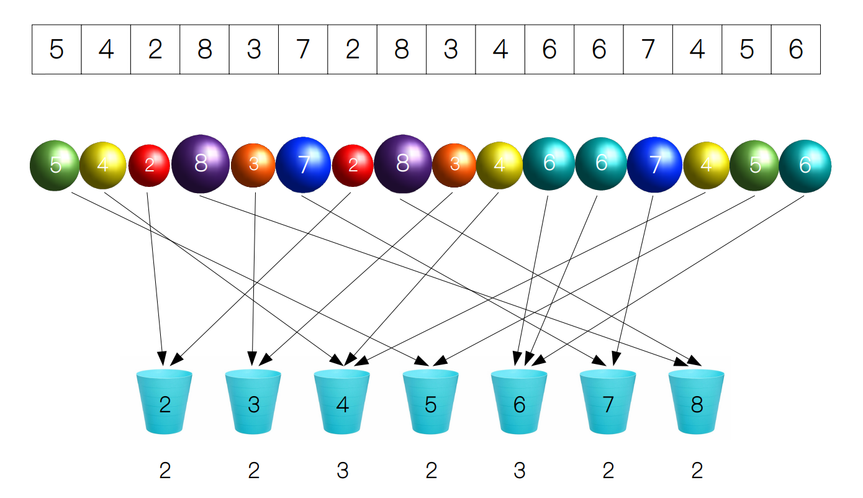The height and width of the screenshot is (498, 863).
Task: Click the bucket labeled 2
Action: coord(165,402)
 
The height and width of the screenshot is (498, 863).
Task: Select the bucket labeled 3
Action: coord(253,402)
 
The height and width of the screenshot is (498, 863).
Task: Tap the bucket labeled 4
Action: coord(341,402)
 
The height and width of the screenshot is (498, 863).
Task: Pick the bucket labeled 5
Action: coord(430,402)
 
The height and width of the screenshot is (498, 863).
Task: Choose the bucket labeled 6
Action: coord(519,402)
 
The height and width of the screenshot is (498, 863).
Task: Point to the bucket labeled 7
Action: coord(608,402)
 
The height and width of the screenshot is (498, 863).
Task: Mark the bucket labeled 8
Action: coord(697,402)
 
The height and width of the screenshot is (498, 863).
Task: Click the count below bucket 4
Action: coord(343,471)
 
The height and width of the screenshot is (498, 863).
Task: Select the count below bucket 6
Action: coord(519,471)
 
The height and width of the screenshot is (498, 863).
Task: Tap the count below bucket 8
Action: coord(697,471)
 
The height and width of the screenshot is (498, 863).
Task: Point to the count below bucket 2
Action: coord(165,471)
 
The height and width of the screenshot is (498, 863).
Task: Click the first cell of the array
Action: coord(56,49)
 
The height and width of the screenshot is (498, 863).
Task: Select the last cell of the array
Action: coord(796,49)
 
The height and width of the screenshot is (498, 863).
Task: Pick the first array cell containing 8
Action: coord(205,49)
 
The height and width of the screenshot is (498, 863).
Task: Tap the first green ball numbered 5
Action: coord(55,165)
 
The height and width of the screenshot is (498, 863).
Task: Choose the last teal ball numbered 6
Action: coord(805,166)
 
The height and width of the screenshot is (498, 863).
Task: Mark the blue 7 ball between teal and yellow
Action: coord(654,165)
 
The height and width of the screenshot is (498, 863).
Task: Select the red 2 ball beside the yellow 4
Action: coord(149,165)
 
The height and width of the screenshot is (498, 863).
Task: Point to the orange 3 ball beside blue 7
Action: coord(253,165)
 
